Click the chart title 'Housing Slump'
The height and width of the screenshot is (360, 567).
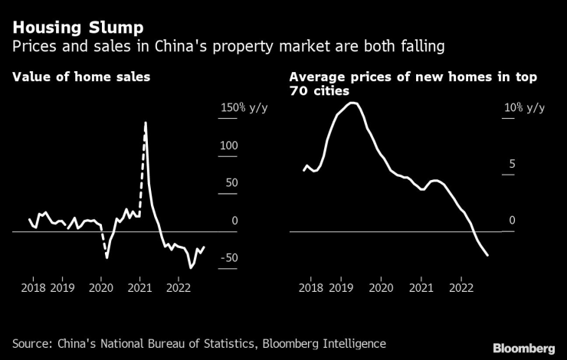click(x=67, y=28)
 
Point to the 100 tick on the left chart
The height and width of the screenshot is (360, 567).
click(x=229, y=146)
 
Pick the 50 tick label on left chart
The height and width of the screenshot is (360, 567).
click(x=229, y=183)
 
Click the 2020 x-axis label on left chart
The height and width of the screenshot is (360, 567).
click(x=101, y=287)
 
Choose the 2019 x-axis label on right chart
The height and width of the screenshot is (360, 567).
click(x=340, y=287)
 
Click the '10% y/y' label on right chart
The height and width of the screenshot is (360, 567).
click(x=524, y=108)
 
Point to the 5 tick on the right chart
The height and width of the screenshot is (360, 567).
click(x=512, y=165)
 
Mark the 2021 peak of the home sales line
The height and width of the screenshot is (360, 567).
click(x=146, y=123)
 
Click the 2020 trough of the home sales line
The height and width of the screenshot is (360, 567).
click(x=107, y=257)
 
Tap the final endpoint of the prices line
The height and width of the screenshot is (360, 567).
click(x=488, y=255)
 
